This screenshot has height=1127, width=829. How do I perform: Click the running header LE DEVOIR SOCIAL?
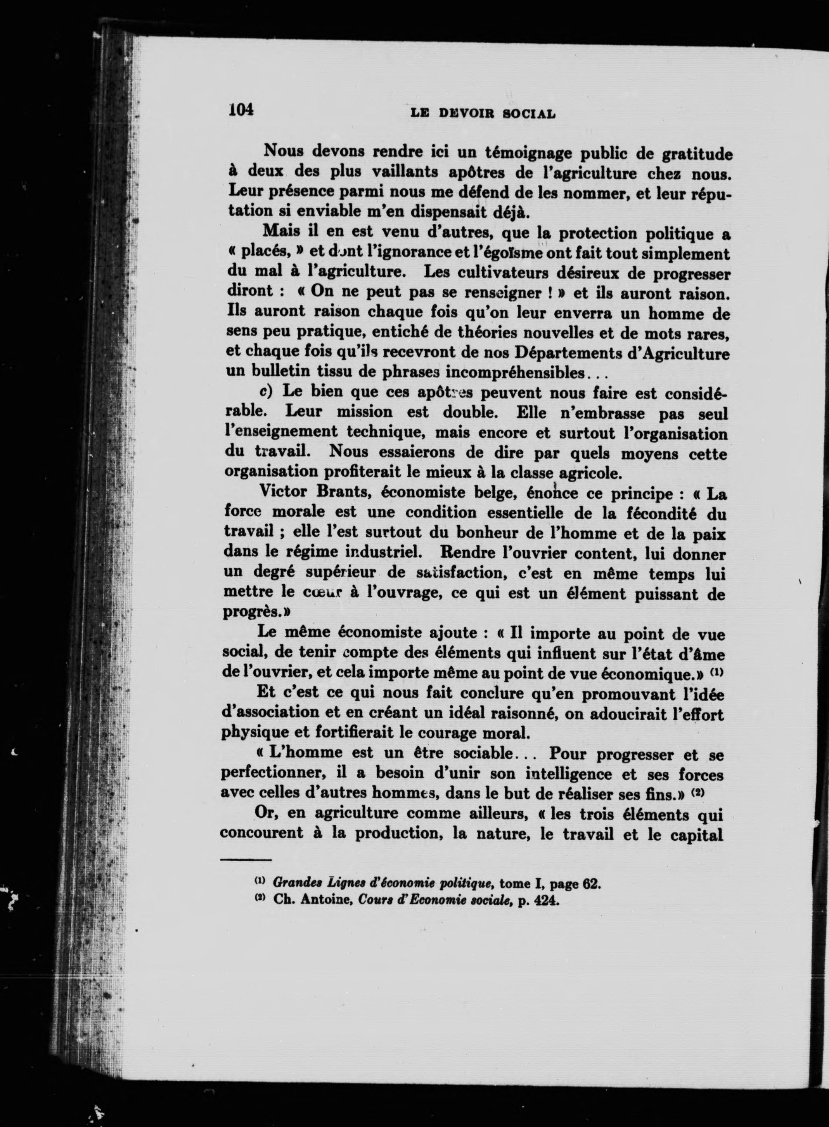pyautogui.click(x=483, y=113)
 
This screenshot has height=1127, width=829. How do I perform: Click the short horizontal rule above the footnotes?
pyautogui.click(x=246, y=860)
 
